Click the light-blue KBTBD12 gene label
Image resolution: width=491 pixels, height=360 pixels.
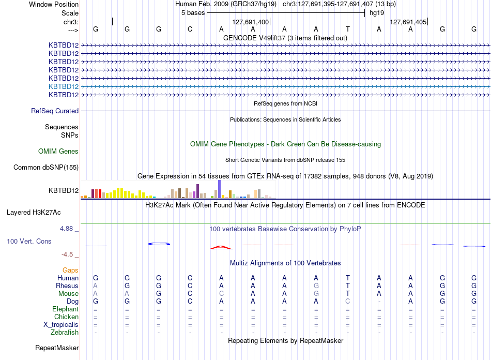click(64, 86)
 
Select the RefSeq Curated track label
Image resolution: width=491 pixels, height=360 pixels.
click(55, 111)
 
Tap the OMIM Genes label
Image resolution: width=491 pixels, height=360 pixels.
click(58, 152)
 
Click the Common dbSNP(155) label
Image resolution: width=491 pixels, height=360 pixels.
click(46, 167)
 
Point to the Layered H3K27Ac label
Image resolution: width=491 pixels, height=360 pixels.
click(34, 213)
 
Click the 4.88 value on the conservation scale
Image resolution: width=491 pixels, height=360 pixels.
click(66, 229)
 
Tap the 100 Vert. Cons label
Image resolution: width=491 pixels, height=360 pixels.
click(29, 241)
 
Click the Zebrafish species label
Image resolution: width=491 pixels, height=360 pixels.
click(65, 332)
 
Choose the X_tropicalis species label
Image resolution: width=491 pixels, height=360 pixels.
click(61, 325)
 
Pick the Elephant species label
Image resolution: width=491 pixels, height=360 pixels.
click(66, 309)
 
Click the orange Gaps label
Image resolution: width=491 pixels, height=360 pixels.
click(70, 270)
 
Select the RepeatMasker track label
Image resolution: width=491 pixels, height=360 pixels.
click(57, 348)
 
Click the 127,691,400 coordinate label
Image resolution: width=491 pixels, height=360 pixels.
click(251, 22)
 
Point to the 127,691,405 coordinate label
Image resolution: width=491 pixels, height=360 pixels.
click(408, 22)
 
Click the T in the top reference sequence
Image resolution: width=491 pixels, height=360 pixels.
click(348, 29)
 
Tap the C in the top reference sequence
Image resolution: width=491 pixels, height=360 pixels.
click(190, 29)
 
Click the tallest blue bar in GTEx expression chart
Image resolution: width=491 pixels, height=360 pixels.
click(220, 189)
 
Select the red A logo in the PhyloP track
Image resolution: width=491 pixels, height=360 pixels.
click(221, 248)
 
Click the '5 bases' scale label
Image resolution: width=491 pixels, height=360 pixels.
click(193, 13)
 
